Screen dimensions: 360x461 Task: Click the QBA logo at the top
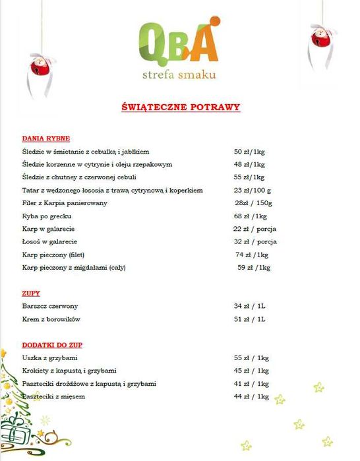coord(179,42)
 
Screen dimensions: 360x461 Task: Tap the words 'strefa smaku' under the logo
coord(179,75)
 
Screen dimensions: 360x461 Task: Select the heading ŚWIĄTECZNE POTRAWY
coord(181,106)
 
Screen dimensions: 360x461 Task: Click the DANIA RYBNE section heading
coord(45,138)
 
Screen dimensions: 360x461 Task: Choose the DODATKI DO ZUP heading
coord(52,345)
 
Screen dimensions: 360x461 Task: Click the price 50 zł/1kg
coord(249,152)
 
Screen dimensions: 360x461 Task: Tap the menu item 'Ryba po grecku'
coord(47,216)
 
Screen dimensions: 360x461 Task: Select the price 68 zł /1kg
coord(250,216)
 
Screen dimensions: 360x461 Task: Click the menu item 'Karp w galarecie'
coord(48,229)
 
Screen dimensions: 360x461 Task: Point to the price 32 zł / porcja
coord(255,242)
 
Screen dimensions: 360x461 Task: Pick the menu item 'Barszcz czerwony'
coord(50,307)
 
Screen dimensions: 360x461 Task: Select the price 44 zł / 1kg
coord(251,396)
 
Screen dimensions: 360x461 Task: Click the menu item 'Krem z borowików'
coord(50,320)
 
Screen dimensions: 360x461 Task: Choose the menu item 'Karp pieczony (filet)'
coord(54,255)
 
